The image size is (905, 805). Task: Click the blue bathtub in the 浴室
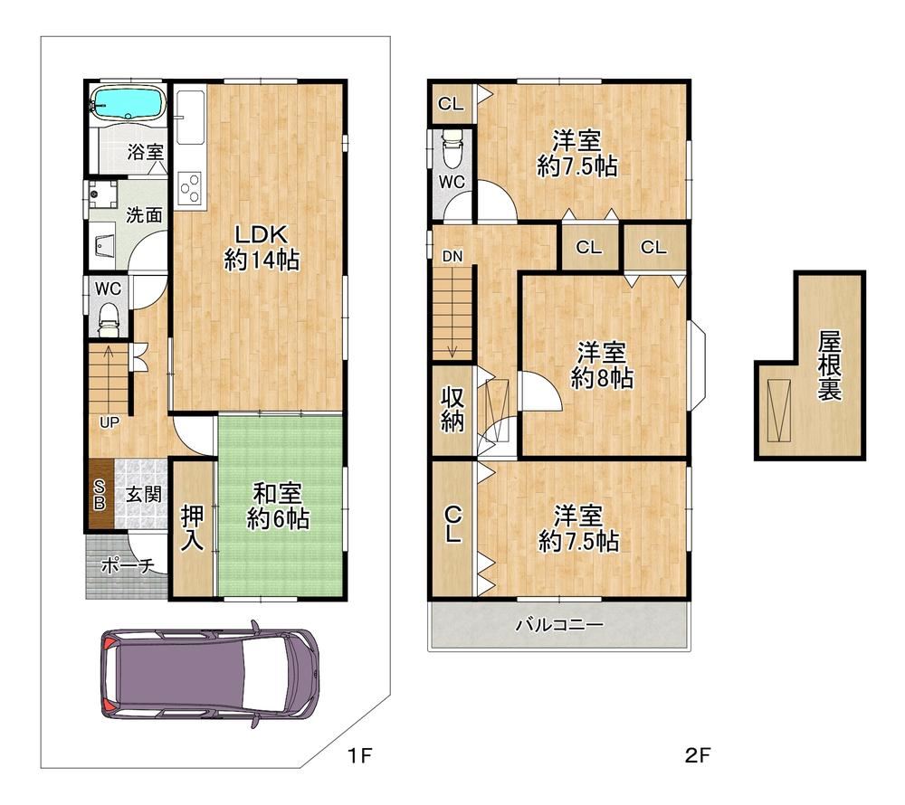(127, 103)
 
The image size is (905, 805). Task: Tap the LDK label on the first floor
(261, 234)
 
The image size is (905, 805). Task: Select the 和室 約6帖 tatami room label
(278, 507)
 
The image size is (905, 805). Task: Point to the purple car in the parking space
(210, 673)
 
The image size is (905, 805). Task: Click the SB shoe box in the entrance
(100, 494)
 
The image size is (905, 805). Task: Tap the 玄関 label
(143, 494)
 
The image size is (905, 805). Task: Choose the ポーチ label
(128, 565)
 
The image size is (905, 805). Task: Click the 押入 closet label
(192, 527)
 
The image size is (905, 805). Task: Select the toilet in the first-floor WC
(109, 319)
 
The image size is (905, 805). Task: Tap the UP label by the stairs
(110, 422)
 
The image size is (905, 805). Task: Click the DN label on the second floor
(452, 256)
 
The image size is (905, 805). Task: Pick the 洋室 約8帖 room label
(602, 365)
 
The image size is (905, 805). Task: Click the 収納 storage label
(452, 409)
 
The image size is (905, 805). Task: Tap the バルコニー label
(559, 624)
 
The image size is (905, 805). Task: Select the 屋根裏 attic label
(829, 365)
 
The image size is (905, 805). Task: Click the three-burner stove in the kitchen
(190, 189)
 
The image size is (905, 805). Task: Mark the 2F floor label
(697, 754)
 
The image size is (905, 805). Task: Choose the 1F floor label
(360, 754)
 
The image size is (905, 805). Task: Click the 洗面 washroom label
(144, 215)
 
